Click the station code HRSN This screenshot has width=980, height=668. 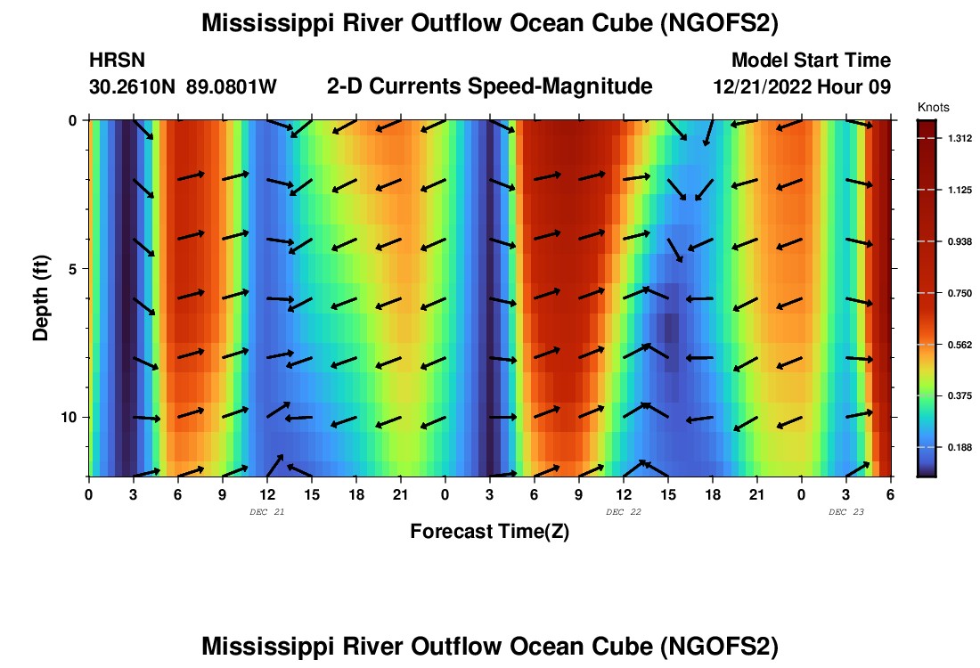pyautogui.click(x=118, y=61)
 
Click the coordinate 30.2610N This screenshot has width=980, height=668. pyautogui.click(x=134, y=86)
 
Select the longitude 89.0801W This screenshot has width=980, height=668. pyautogui.click(x=232, y=86)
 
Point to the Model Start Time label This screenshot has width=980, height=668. pyautogui.click(x=811, y=61)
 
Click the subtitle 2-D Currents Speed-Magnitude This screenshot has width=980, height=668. pyautogui.click(x=490, y=86)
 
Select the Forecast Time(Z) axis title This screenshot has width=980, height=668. pyautogui.click(x=489, y=532)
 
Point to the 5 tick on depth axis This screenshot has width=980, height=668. pyautogui.click(x=72, y=268)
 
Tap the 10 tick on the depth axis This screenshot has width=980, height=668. pyautogui.click(x=69, y=417)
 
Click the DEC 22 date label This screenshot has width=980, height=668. pyautogui.click(x=624, y=512)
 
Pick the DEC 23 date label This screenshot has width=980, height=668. pyautogui.click(x=846, y=512)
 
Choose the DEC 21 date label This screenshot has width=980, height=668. pyautogui.click(x=267, y=512)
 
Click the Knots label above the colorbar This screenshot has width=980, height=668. pyautogui.click(x=933, y=107)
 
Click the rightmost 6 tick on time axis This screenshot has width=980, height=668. pyautogui.click(x=890, y=494)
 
